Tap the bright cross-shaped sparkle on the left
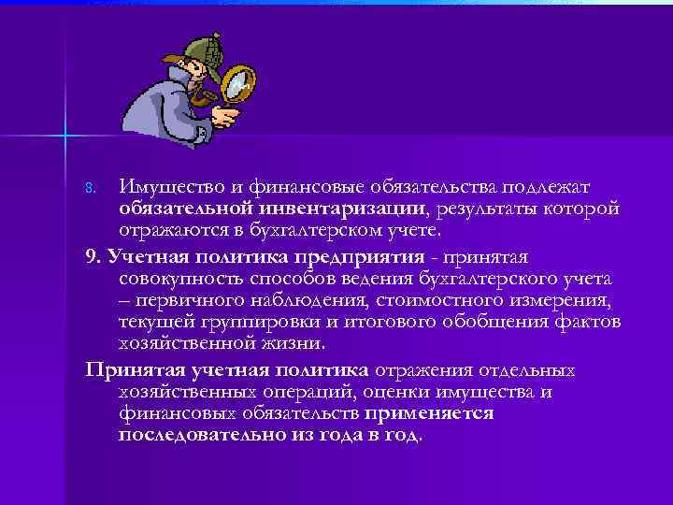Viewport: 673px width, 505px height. pos(65,137)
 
